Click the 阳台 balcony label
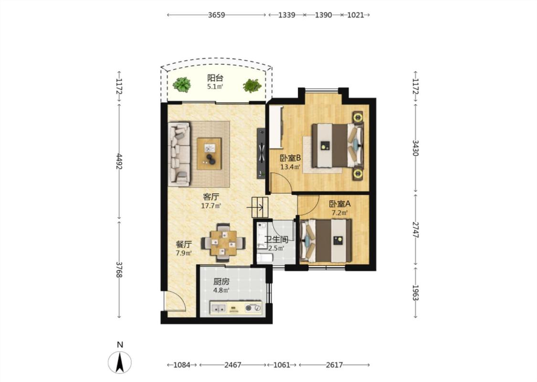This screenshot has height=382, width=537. coord(215,78)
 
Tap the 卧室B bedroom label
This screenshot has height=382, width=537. coord(290,158)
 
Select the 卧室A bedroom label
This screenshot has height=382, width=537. coord(340,204)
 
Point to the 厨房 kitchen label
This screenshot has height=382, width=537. coord(221,282)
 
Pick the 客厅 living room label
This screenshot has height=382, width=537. coord(211,197)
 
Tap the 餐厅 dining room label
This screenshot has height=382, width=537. coord(184,244)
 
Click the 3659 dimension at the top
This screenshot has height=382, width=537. coord(216,15)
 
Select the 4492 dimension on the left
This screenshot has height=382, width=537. coord(119,161)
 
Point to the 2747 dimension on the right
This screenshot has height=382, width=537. coord(415,230)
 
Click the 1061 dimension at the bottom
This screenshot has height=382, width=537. coord(282,365)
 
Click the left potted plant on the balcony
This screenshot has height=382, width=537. coord(181,85)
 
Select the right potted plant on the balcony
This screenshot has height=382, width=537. coord(253,85)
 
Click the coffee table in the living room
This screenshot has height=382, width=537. coord(209,153)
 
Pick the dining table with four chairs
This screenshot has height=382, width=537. coord(223,243)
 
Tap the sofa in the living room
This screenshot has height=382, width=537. coord(179,155)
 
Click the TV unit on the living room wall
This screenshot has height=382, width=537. coord(261,153)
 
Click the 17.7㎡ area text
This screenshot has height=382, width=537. coord(211,206)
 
